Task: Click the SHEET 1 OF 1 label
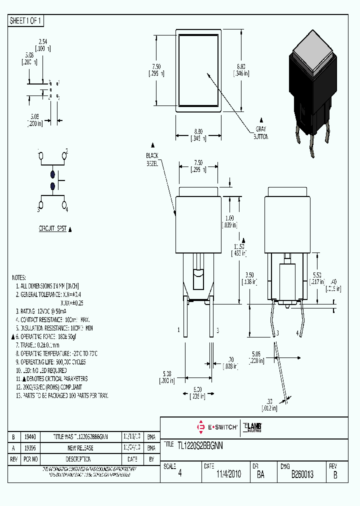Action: (x=26, y=21)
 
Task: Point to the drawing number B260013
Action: (x=302, y=474)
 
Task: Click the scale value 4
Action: (x=180, y=474)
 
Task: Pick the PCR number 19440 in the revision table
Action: (x=31, y=436)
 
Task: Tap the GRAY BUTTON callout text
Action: (x=260, y=132)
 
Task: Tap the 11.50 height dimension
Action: (x=239, y=247)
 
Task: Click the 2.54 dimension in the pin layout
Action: (x=42, y=43)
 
